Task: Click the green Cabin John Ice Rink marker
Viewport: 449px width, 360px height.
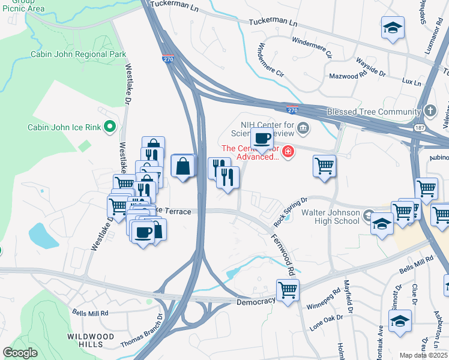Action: pos(109,127)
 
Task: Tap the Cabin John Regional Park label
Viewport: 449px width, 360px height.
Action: pos(79,55)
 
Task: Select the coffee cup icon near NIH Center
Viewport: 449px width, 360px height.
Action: pos(262,139)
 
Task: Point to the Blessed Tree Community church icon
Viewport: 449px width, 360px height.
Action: pos(429,112)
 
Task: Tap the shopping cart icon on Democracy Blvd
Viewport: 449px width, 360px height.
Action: pos(288,290)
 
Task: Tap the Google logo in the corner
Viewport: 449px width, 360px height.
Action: pos(20,353)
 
